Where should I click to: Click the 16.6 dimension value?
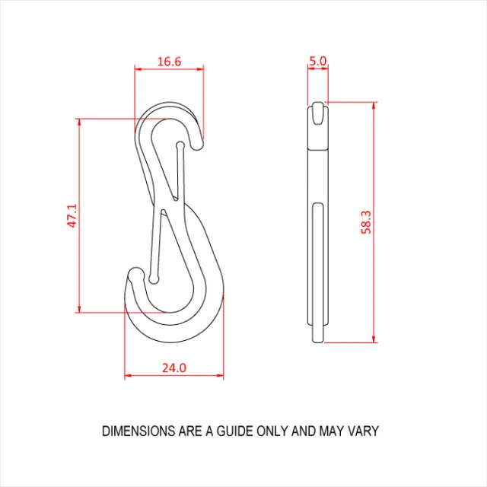pos(169,62)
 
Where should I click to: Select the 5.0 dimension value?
pos(318,61)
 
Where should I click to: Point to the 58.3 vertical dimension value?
pos(366,222)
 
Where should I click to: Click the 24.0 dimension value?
pos(173,368)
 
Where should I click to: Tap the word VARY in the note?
pos(363,431)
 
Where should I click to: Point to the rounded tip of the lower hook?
pos(135,276)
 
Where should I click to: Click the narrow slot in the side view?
pos(318,259)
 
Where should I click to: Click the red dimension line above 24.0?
pos(173,376)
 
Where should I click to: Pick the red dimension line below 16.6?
pos(169,69)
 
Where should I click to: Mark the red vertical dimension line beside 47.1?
pos(80,215)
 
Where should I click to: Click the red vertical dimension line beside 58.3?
pos(374,222)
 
